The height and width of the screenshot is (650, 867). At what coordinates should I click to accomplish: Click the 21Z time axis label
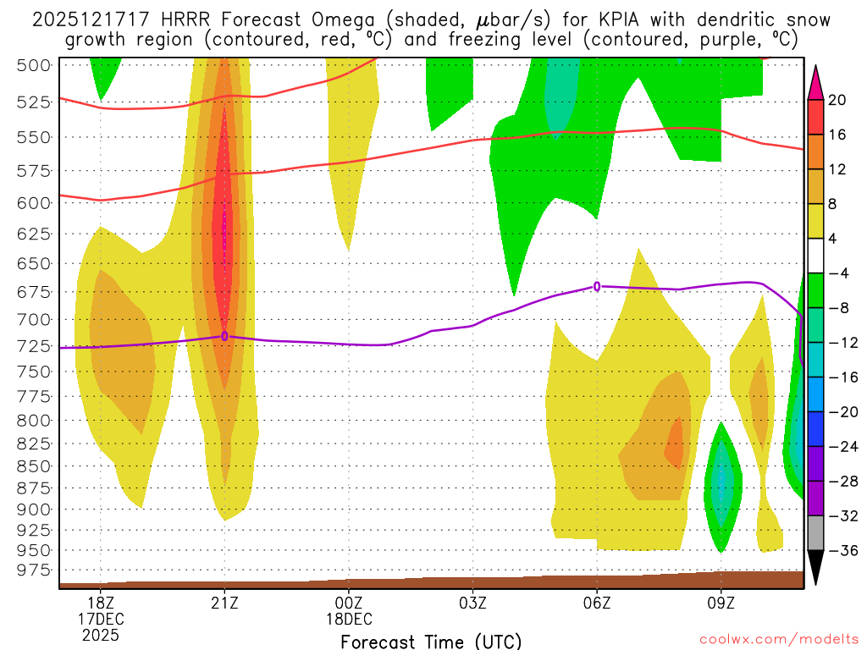coord(224,602)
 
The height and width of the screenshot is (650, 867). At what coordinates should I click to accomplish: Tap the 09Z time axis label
coord(721,602)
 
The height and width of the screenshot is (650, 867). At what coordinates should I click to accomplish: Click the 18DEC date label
coord(349,618)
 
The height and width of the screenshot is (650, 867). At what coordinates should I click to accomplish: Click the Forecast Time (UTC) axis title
coord(431,641)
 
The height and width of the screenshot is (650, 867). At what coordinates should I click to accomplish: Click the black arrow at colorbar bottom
coord(815,568)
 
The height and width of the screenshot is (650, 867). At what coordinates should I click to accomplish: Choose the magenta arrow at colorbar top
coord(815,81)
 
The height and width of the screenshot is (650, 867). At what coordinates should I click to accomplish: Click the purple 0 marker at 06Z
coord(597,286)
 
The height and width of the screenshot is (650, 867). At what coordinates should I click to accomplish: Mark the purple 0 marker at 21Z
coord(224,336)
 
